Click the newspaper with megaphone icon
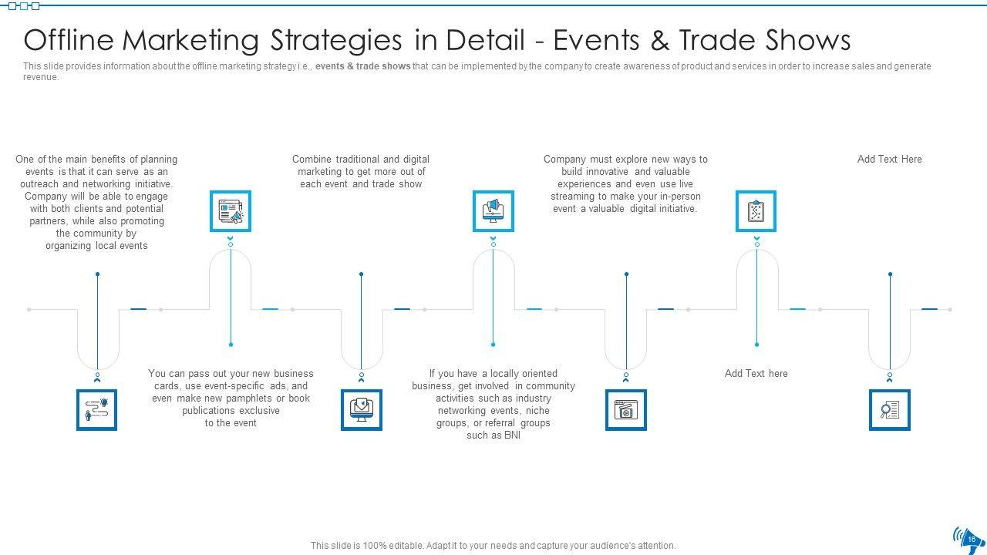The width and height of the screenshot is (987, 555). [x=231, y=211]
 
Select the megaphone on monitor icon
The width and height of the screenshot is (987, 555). [x=493, y=211]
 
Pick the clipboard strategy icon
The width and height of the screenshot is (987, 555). [x=756, y=211]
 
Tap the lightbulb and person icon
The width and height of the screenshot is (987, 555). [x=97, y=409]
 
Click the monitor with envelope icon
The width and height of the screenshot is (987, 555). [x=362, y=409]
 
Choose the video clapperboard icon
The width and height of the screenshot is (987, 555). [x=625, y=409]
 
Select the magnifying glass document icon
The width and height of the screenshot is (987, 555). [x=890, y=409]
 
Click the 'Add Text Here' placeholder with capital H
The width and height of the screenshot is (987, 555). [x=889, y=160]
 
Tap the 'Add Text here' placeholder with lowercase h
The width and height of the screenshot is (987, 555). [x=756, y=374]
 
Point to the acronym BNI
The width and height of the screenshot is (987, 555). [x=512, y=436]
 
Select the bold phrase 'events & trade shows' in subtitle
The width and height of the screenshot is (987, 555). [x=362, y=66]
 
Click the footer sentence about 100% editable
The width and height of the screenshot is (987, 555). [x=493, y=546]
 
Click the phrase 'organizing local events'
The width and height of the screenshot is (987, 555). [x=96, y=246]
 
